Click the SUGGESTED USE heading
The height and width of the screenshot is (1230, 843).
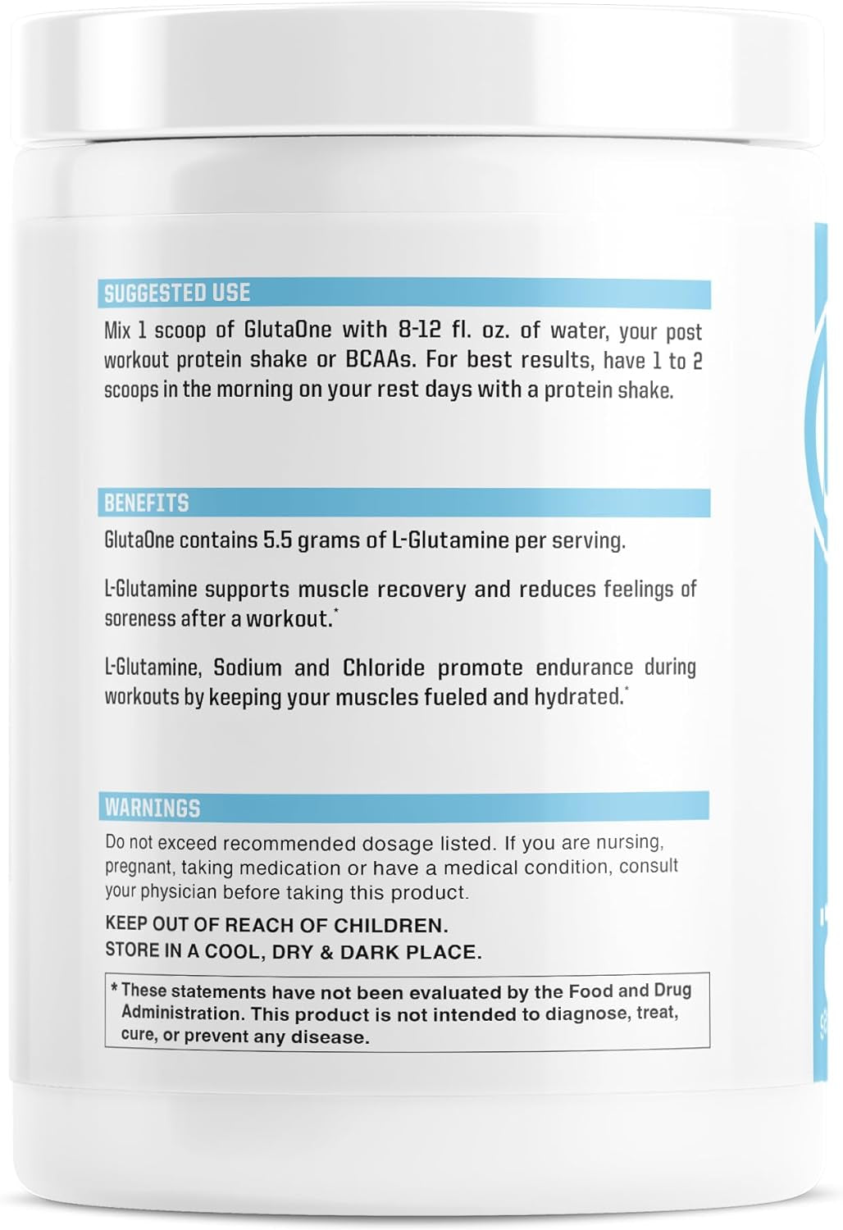pos(176,293)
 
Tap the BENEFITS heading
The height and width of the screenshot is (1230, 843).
pos(146,503)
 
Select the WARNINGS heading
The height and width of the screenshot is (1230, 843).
pos(152,808)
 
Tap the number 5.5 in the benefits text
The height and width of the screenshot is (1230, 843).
pos(277,540)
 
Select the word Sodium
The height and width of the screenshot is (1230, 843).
pos(247,667)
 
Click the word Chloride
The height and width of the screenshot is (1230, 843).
pos(383,667)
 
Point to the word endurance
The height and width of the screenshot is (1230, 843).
pos(584,667)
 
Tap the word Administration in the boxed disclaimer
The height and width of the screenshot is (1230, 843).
pos(183,1014)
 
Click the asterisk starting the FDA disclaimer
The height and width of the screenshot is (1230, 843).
pos(114,989)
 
